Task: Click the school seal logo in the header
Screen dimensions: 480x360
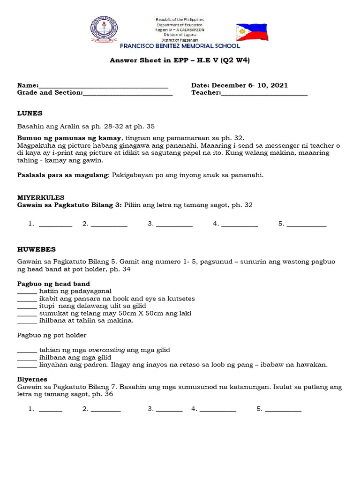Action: (x=104, y=30)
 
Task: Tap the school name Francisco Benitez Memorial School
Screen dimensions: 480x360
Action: (x=180, y=46)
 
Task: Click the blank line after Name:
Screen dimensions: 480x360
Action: (x=104, y=86)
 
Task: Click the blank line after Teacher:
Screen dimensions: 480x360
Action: (x=264, y=93)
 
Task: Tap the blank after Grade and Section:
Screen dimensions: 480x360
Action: (x=127, y=93)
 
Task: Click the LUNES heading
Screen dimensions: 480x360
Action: (x=30, y=113)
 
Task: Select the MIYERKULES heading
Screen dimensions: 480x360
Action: (x=41, y=198)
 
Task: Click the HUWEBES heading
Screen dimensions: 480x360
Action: (x=37, y=249)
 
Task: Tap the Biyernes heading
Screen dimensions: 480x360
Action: (x=32, y=379)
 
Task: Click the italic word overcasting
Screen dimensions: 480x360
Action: (x=107, y=350)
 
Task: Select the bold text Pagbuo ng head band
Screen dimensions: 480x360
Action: (x=53, y=284)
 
